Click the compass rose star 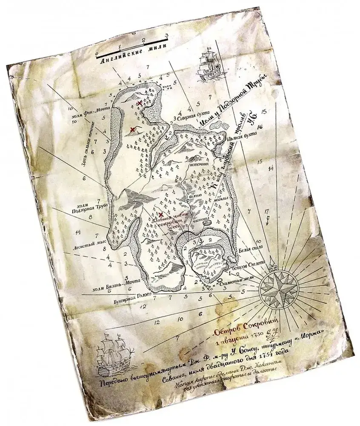coord(279,289)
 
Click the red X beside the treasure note coord(161,214)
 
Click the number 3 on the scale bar coord(167,36)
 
